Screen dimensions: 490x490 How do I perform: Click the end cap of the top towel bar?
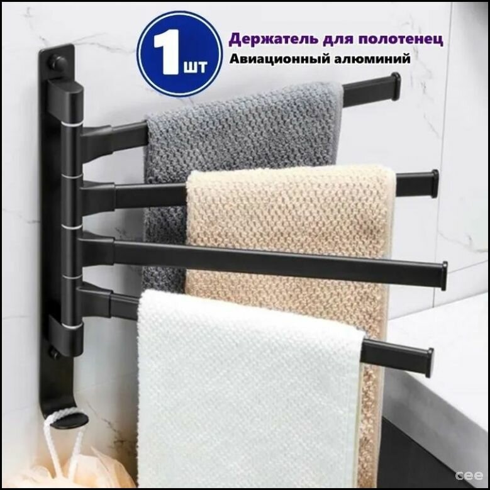395,86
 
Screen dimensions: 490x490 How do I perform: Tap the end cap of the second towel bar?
434,183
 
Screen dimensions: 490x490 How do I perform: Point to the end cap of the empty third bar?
444,276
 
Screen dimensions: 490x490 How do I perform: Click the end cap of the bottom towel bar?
429,362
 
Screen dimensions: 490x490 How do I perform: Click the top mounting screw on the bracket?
58,63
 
